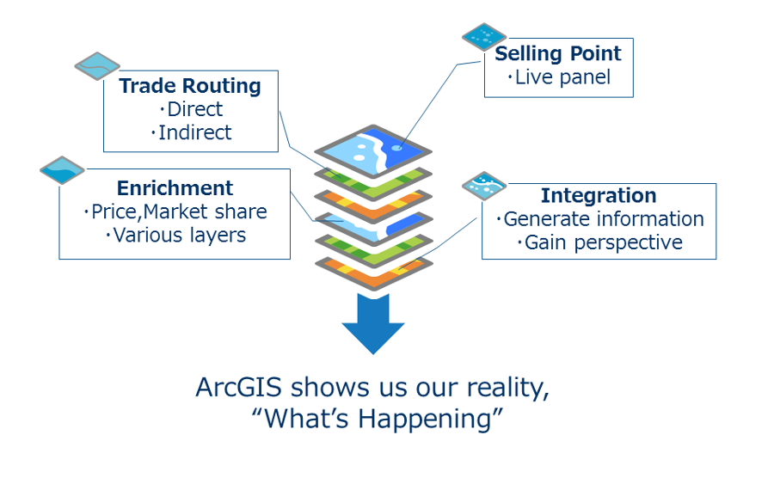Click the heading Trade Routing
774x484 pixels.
[190, 86]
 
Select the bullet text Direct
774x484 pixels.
[194, 109]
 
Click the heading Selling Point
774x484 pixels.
[557, 53]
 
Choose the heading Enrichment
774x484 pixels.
[175, 188]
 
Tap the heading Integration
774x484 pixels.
[599, 195]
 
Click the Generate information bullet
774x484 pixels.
[603, 219]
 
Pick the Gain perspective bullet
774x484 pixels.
[603, 242]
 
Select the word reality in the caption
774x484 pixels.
[507, 387]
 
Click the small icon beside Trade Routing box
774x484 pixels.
[97, 65]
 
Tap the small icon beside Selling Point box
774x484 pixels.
[485, 36]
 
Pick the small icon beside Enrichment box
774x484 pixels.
[63, 170]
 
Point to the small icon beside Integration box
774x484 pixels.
[484, 184]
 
